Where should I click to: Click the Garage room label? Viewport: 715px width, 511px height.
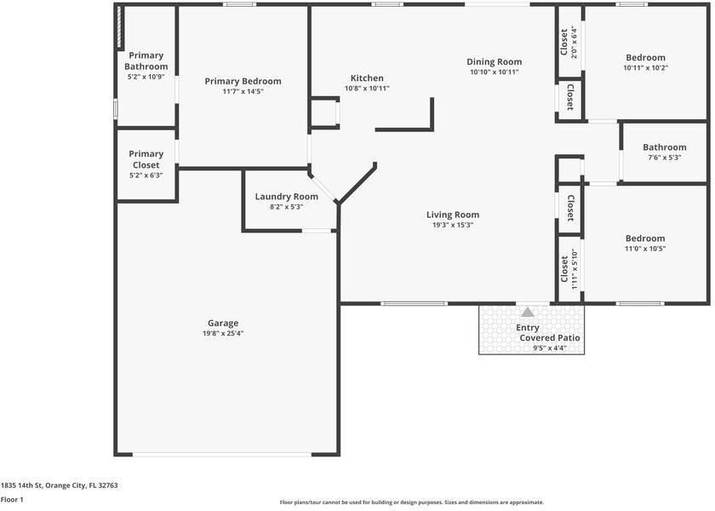click(223, 323)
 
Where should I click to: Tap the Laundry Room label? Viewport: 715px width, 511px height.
click(286, 197)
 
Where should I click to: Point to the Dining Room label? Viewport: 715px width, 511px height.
click(494, 61)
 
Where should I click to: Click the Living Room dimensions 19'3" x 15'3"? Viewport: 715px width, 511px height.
click(452, 226)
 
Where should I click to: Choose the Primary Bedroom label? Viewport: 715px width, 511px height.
click(243, 81)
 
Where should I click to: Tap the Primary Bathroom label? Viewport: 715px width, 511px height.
click(146, 60)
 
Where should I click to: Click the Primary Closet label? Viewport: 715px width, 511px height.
click(146, 159)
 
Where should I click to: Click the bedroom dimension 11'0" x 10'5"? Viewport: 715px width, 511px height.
click(645, 249)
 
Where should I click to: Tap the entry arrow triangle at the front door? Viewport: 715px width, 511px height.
click(528, 313)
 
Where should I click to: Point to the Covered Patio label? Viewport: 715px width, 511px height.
click(550, 338)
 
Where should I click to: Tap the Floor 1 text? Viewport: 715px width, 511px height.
click(12, 500)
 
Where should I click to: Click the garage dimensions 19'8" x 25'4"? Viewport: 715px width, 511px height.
click(223, 333)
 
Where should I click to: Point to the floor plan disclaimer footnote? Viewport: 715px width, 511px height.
click(411, 502)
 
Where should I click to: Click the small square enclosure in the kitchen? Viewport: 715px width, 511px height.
click(323, 113)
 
